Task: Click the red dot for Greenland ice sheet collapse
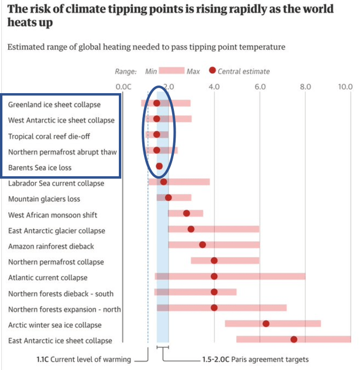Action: point(157,103)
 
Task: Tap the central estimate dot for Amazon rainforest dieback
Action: point(203,245)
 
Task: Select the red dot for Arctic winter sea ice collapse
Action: point(266,323)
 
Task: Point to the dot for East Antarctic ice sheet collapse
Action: point(294,339)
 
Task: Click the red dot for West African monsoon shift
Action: point(187,213)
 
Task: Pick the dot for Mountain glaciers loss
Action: point(169,197)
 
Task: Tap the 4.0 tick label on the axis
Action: point(214,87)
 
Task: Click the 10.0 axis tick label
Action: point(345,87)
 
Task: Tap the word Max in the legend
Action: point(193,71)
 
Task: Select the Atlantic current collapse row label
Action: point(48,277)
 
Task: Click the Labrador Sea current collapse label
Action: point(56,183)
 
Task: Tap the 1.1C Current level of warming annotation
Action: point(80,359)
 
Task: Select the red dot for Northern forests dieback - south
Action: point(214,292)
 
